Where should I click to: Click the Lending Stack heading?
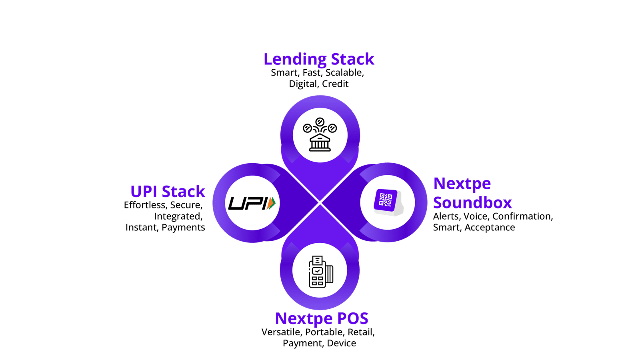pyautogui.click(x=319, y=59)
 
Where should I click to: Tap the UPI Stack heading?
pyautogui.click(x=168, y=192)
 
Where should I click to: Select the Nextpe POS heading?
pyautogui.click(x=321, y=318)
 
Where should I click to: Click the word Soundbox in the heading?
pyautogui.click(x=472, y=203)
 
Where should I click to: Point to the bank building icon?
pyautogui.click(x=320, y=135)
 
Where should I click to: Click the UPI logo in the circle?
pyautogui.click(x=252, y=203)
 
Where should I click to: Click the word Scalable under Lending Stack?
pyautogui.click(x=344, y=73)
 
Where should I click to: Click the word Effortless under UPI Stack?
pyautogui.click(x=145, y=205)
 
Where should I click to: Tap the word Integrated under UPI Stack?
pyautogui.click(x=178, y=216)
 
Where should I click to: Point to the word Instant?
pyautogui.click(x=141, y=228)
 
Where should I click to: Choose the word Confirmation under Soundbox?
pyautogui.click(x=522, y=216)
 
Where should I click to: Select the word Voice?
pyautogui.click(x=475, y=216)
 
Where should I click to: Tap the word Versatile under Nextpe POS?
pyautogui.click(x=281, y=332)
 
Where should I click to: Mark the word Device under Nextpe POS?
pyautogui.click(x=341, y=343)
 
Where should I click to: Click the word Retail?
pyautogui.click(x=360, y=332)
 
